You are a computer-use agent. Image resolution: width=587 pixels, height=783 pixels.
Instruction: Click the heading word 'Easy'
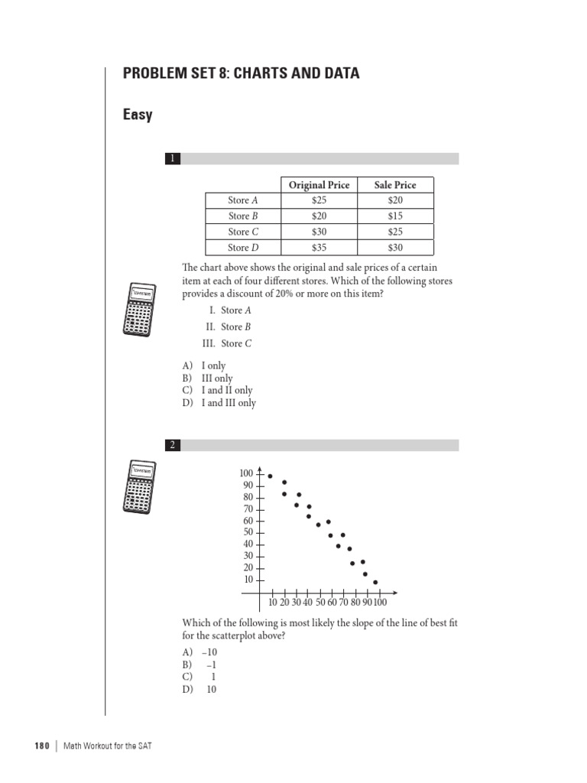(x=138, y=115)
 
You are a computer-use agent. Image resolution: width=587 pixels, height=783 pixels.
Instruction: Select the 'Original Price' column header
(x=319, y=184)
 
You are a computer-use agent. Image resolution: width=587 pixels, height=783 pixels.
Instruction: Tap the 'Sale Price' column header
(x=395, y=184)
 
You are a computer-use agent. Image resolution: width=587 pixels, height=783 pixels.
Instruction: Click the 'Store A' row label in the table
(x=243, y=200)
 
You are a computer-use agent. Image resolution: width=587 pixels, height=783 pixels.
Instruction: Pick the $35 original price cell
(x=319, y=248)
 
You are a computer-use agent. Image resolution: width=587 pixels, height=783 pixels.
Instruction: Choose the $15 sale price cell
(x=395, y=216)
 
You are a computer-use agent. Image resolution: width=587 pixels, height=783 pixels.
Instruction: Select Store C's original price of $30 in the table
(x=319, y=232)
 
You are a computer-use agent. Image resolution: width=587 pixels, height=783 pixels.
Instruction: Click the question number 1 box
(x=174, y=159)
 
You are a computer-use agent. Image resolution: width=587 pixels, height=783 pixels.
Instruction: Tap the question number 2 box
(x=174, y=445)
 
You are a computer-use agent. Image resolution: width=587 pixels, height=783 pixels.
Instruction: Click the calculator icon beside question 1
(x=140, y=309)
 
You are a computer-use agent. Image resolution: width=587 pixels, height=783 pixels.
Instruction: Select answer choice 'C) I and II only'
(x=217, y=391)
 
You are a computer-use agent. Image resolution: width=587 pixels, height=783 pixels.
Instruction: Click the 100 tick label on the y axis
(x=247, y=474)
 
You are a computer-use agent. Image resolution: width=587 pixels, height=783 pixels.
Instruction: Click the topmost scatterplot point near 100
(x=270, y=476)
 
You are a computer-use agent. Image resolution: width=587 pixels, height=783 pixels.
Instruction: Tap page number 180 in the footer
(x=42, y=746)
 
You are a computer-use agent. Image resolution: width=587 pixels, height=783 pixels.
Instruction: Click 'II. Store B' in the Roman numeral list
(x=228, y=327)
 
